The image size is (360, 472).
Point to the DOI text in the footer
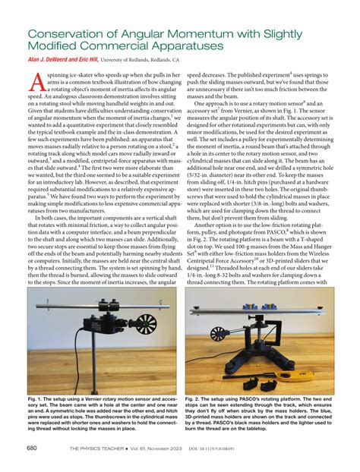coord(251,448)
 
